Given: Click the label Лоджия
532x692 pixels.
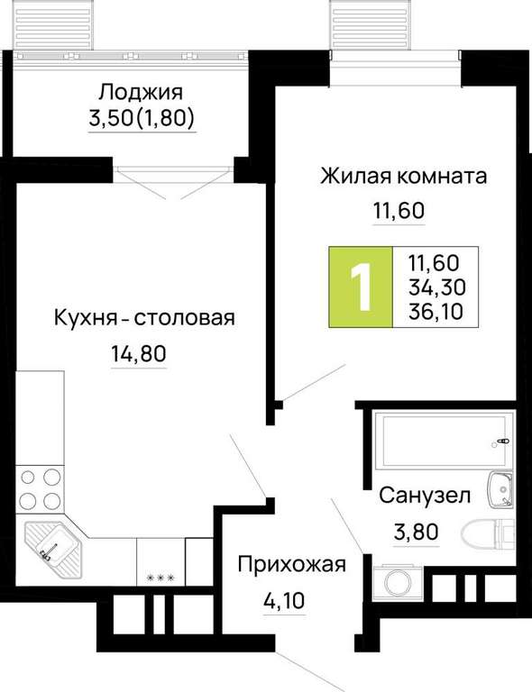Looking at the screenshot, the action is tap(141, 93).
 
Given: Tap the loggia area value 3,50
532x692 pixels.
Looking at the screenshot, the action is tap(111, 118).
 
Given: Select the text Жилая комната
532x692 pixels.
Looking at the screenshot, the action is tap(404, 176).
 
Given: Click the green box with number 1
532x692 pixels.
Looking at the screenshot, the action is tap(361, 287).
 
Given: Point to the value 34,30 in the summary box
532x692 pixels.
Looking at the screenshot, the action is tap(436, 287).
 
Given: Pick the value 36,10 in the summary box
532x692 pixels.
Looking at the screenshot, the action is tap(436, 312).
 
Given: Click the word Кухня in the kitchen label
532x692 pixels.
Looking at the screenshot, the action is tap(85, 318).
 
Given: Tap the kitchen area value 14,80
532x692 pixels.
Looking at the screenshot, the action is tap(139, 353).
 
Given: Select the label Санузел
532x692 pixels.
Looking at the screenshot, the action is tap(425, 496).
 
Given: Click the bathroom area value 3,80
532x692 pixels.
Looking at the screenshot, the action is tap(417, 532).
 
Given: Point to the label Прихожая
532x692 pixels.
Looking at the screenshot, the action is tap(292, 564).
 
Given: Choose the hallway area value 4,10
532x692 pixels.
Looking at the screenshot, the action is tap(284, 600).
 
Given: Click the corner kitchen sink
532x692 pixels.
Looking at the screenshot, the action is tap(53, 547).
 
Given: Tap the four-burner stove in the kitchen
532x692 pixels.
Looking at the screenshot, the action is tap(41, 489).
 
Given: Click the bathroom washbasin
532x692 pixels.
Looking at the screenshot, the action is tap(500, 490).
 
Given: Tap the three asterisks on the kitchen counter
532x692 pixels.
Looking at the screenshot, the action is tap(161, 578).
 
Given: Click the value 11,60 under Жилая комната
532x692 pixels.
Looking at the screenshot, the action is tap(399, 211).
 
